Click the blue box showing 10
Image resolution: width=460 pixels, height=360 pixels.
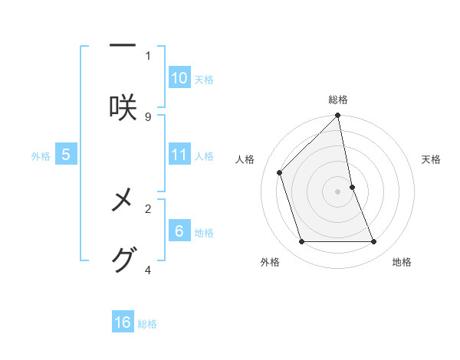point(179,78)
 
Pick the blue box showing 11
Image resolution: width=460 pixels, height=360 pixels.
point(179,155)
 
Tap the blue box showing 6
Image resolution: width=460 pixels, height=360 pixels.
point(179,231)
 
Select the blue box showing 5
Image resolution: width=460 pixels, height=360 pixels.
point(66,155)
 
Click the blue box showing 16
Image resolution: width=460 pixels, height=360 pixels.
point(123,322)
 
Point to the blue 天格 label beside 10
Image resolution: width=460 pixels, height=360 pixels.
point(204,80)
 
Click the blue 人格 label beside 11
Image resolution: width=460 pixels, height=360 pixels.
point(204,156)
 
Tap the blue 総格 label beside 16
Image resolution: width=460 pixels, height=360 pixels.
point(147,324)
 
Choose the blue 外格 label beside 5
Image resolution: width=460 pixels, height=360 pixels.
point(41,156)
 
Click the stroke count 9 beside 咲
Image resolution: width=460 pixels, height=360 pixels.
point(148,116)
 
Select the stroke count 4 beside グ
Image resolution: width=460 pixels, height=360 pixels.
point(148,270)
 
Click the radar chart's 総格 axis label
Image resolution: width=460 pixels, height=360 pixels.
point(338,100)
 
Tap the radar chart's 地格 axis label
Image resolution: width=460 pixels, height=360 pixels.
point(402,262)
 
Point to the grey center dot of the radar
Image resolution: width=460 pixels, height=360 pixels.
point(338,191)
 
